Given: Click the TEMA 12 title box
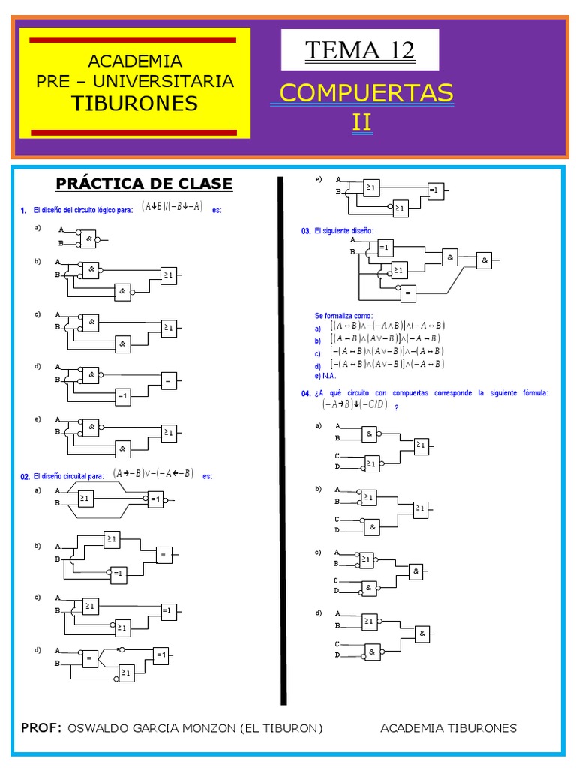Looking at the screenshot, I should [x=359, y=50].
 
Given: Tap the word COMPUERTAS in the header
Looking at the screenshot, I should [x=366, y=93].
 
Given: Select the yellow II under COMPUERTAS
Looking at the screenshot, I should [x=361, y=121].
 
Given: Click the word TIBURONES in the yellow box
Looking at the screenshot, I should [x=135, y=103].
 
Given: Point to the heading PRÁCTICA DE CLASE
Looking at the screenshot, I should [x=145, y=184].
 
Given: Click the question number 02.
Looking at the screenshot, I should [x=25, y=476].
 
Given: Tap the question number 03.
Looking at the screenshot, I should [x=306, y=232].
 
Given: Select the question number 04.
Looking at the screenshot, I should [x=306, y=393].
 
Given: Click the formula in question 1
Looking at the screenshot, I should [x=172, y=208].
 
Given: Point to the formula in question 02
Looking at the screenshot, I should [x=153, y=473].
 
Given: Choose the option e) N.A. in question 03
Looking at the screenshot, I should [x=326, y=375].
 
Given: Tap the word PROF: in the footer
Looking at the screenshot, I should [x=41, y=728].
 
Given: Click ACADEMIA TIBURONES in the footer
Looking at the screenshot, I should [x=448, y=728].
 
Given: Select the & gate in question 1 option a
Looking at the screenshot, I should [x=89, y=238].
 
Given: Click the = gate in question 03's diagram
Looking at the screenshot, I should [x=409, y=294].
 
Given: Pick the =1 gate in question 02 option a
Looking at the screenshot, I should [x=155, y=499].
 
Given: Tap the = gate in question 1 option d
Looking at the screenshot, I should [x=168, y=381].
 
